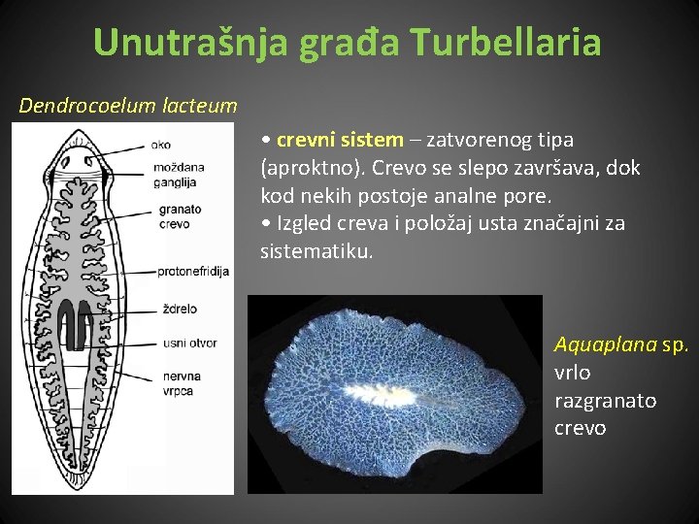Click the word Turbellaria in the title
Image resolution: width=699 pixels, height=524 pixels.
506,42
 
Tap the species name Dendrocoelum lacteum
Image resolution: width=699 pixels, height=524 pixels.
128,105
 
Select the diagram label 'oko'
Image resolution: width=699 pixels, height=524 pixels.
161,146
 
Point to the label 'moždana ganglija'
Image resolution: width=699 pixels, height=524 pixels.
178,174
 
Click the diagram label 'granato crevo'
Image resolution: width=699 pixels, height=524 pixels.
179,215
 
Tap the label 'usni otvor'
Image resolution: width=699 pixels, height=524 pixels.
189,343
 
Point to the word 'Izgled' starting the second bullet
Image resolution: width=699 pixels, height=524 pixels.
305,223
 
